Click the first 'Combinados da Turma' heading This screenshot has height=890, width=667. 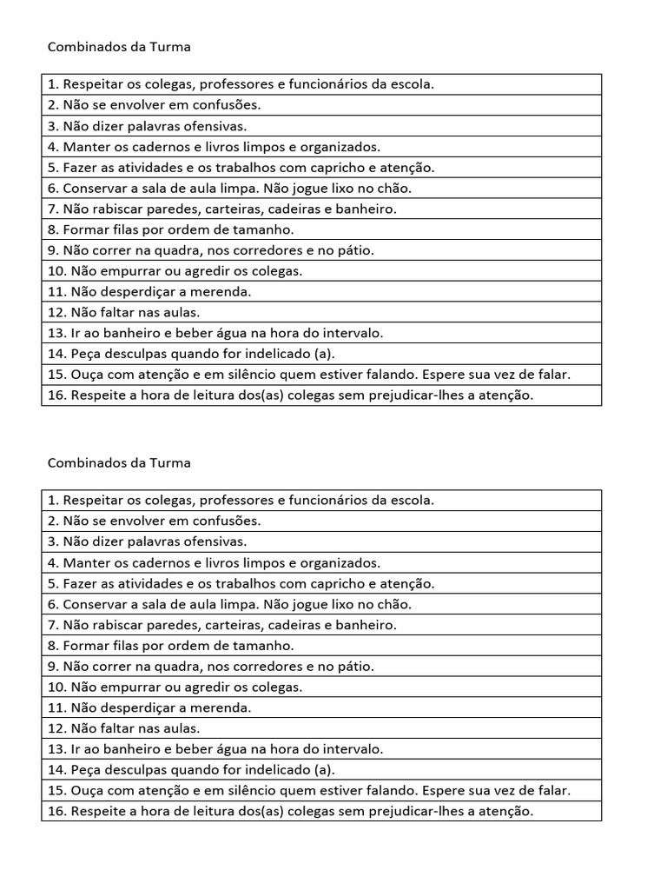pos(118,48)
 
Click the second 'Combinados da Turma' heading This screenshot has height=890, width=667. pos(118,463)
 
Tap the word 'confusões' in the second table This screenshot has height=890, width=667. pos(229,521)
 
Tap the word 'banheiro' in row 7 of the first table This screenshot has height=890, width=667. pos(369,209)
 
